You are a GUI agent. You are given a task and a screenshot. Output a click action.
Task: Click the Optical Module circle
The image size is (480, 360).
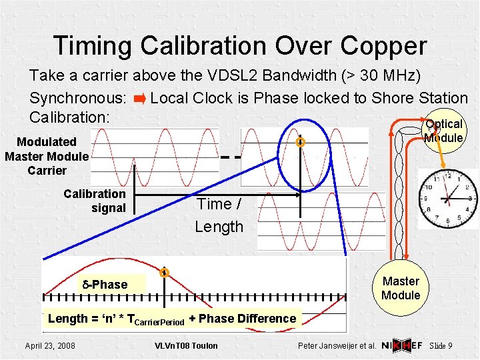coord(443,131)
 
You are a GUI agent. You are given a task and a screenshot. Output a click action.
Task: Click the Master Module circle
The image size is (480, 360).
coord(401,288)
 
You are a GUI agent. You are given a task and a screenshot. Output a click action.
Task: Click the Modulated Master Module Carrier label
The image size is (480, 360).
coord(47,156)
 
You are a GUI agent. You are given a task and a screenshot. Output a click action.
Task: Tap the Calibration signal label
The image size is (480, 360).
coord(95,201)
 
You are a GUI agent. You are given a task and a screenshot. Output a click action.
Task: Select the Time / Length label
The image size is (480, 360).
coord(219,215)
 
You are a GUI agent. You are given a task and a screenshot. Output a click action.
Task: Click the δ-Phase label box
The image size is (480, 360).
coord(105,285)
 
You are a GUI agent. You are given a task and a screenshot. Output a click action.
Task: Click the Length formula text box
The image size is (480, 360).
coord(172,319)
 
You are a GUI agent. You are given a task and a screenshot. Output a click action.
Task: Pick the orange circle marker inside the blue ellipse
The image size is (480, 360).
coord(301,142)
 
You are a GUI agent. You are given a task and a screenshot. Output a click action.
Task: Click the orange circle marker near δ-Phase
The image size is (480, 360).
coord(163,272)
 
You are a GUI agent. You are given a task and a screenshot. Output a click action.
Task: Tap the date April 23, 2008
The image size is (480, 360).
coord(50,345)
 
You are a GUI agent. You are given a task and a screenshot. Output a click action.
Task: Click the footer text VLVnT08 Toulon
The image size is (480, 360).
coord(185,345)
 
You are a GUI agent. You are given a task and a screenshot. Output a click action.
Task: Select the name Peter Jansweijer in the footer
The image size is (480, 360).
coord(330,346)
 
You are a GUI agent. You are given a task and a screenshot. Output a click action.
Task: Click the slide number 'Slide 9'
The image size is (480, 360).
coord(441,345)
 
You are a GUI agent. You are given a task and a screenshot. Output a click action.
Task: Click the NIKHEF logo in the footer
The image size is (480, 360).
coord(402,345)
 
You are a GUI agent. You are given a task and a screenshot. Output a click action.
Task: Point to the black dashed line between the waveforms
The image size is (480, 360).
coord(230,158)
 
